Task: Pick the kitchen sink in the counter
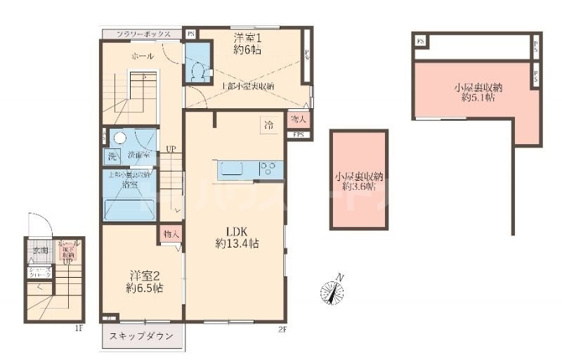tap(233, 169)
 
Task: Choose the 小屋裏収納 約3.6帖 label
tap(358, 181)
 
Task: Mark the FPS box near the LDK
tap(298, 134)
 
